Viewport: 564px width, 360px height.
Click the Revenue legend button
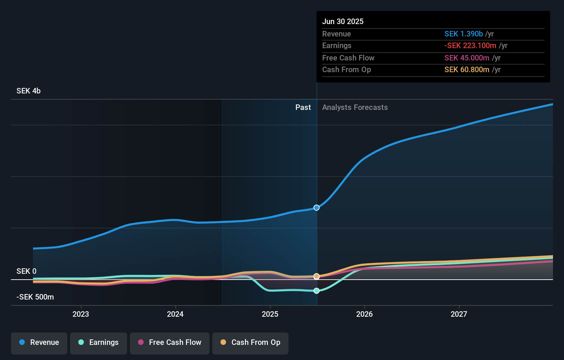click(39, 343)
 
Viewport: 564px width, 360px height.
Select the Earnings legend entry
click(99, 343)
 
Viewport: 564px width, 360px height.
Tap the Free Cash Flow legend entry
click(170, 343)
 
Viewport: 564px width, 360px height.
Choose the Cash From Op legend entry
click(250, 343)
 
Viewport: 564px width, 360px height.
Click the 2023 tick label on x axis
click(81, 314)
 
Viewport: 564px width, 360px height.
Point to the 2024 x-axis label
click(175, 314)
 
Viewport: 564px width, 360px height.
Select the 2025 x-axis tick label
click(270, 314)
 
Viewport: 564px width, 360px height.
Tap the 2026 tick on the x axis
click(364, 314)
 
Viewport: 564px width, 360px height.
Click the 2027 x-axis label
click(459, 314)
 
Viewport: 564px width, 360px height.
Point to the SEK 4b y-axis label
click(29, 91)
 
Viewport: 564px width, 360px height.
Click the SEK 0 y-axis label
click(26, 271)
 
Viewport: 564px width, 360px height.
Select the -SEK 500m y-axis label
click(35, 297)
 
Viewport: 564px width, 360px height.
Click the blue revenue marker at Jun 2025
click(316, 207)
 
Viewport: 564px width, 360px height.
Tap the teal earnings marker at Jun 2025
click(316, 291)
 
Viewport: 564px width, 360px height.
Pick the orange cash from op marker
click(316, 276)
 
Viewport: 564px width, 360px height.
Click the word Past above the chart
click(303, 107)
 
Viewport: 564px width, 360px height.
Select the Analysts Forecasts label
click(355, 107)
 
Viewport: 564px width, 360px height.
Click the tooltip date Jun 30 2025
click(343, 21)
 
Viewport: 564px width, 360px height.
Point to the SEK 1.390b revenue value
click(463, 34)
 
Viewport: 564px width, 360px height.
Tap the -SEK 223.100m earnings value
click(470, 45)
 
